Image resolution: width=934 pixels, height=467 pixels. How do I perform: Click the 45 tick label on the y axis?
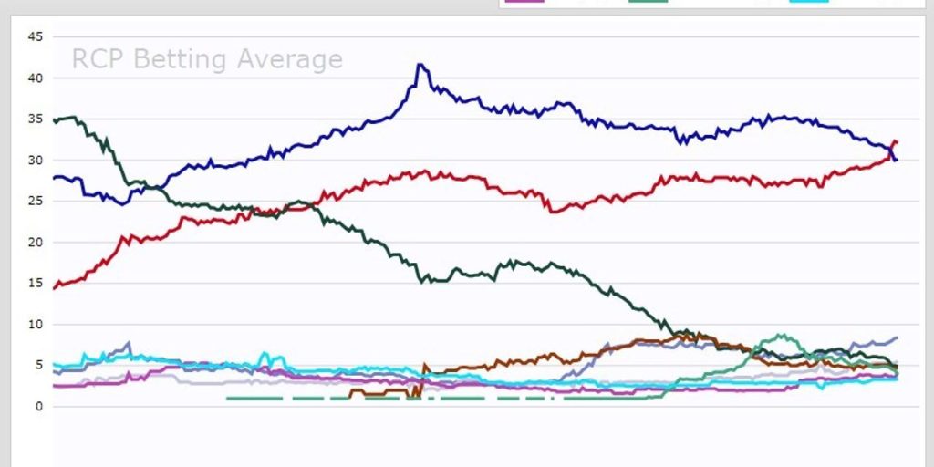36,36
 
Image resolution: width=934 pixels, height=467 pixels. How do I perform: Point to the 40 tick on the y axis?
36,78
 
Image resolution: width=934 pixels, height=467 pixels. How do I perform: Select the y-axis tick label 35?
36,119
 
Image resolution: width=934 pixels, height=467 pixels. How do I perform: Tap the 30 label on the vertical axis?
36,160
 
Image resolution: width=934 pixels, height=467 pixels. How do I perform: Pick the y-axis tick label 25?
36,201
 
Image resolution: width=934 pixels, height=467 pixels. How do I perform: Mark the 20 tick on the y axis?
36,242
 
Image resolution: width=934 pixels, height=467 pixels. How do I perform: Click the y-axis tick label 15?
36,283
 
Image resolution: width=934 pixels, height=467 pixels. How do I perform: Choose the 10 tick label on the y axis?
36,324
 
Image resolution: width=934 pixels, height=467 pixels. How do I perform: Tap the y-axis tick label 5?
38,365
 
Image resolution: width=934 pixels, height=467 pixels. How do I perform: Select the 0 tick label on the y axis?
38,406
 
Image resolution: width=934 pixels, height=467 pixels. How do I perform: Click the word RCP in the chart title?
99,60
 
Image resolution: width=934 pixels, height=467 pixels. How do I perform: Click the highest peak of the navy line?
419,65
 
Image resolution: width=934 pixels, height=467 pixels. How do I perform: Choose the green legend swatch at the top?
649,1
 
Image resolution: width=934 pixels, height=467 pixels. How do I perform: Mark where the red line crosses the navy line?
891,154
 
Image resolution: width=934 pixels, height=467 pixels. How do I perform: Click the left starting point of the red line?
54,288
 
